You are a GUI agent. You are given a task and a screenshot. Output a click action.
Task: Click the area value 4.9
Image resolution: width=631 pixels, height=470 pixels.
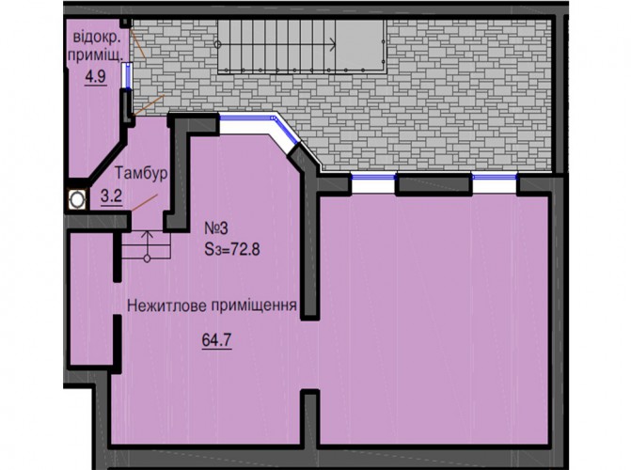95,76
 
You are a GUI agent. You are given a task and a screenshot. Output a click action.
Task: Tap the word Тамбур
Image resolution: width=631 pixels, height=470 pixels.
141,173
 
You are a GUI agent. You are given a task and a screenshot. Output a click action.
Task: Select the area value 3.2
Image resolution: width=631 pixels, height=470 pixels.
112,196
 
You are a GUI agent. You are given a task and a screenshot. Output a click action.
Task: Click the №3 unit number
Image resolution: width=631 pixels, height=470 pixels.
216,228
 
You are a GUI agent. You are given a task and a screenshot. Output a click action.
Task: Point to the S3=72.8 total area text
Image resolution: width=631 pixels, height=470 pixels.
232,249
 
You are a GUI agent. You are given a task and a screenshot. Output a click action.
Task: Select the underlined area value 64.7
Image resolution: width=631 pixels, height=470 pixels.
216,340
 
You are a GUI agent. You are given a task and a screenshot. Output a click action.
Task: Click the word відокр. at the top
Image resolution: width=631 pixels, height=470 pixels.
97,38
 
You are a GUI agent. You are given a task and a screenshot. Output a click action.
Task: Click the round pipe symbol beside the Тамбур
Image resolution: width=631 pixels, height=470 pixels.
77,199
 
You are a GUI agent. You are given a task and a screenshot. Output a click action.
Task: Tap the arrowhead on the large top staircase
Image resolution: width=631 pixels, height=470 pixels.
333,44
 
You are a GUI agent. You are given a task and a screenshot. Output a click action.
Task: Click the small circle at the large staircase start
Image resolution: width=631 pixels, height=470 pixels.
218,44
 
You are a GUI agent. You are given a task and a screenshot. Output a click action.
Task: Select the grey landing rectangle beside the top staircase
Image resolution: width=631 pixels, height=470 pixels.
360,46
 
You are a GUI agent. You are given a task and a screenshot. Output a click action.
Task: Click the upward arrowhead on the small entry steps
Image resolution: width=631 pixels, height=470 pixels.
148,235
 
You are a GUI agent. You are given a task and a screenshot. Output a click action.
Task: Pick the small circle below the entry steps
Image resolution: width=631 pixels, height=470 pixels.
148,258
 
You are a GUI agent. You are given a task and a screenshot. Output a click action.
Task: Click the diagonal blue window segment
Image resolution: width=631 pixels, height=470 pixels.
287,131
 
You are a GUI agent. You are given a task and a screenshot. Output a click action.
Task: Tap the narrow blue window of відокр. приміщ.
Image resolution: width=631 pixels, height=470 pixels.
128,76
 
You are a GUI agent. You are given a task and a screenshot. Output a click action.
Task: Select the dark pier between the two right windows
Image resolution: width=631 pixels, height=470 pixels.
434,185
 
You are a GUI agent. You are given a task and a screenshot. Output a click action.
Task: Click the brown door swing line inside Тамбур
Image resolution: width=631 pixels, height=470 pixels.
145,202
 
